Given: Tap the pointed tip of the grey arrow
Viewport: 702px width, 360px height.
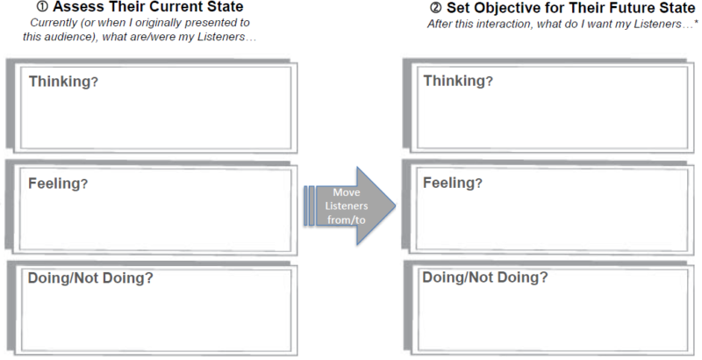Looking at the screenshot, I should [x=394, y=205].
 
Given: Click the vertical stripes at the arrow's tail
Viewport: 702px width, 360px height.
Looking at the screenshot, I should [x=309, y=205].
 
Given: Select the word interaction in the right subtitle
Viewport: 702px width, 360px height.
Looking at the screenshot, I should [x=492, y=24].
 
